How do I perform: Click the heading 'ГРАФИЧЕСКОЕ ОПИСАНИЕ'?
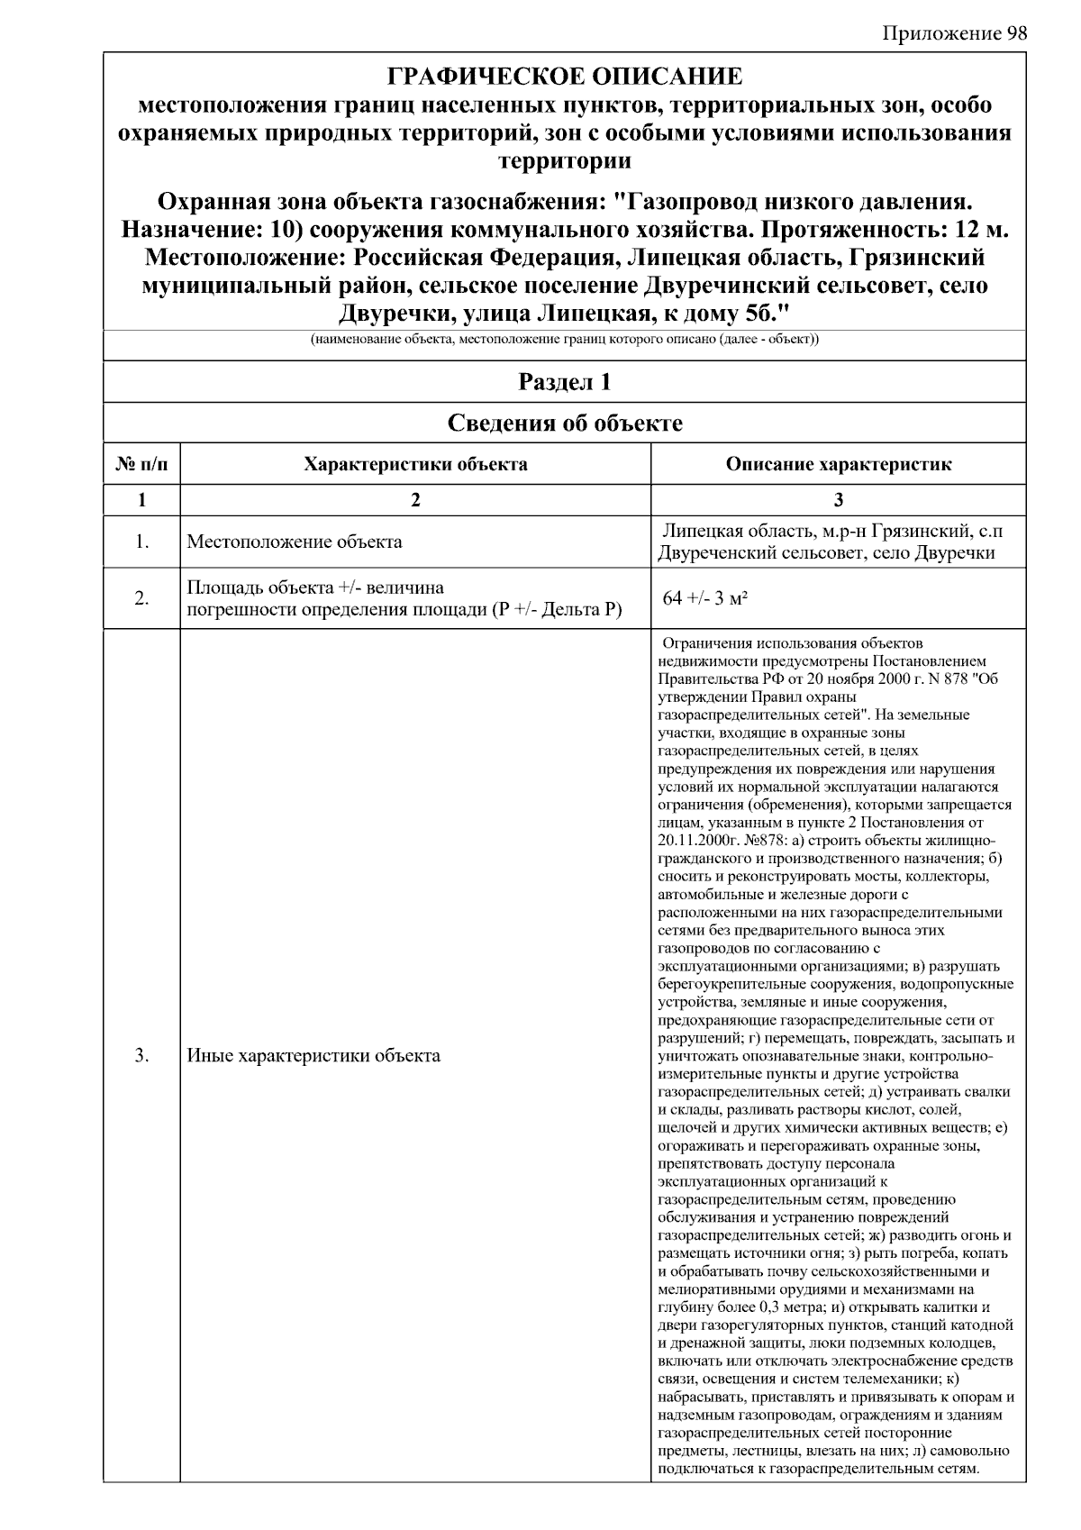click(564, 76)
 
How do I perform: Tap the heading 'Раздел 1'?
click(564, 382)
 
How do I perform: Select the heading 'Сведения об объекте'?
click(564, 423)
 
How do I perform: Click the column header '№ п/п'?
click(141, 464)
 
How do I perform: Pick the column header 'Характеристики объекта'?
click(415, 464)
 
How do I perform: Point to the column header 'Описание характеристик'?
click(838, 464)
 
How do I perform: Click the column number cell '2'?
click(415, 501)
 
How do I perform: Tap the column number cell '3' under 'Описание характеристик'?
click(838, 501)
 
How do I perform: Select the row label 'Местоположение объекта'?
click(294, 542)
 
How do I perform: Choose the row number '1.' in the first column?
click(141, 542)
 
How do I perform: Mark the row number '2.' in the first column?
click(141, 598)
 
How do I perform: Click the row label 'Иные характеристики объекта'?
click(313, 1055)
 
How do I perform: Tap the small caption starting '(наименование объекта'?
click(564, 341)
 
